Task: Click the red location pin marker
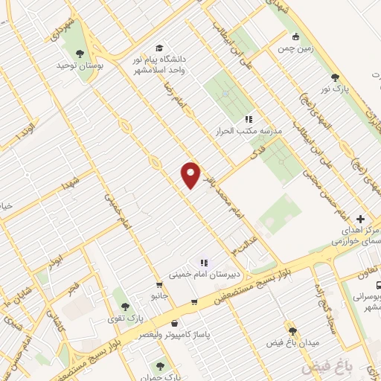point(191,174)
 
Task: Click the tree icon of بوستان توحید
point(80,52)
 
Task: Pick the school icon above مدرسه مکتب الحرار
point(249,119)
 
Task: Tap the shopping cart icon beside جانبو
point(159,285)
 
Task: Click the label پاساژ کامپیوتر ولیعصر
point(205,335)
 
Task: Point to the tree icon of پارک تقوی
point(125,305)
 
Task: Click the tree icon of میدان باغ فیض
point(292,330)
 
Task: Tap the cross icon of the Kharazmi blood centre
point(360,219)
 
